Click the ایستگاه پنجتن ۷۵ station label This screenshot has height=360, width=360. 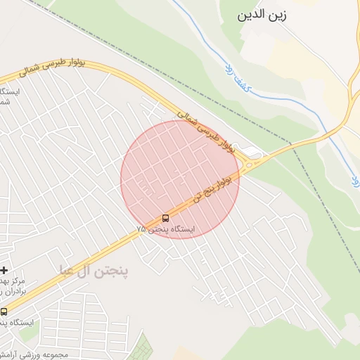click(x=167, y=230)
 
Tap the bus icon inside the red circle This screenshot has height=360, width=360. click(x=166, y=218)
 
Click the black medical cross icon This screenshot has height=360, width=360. click(x=4, y=270)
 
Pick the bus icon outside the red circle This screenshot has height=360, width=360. click(x=4, y=311)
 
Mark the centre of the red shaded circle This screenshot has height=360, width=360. click(x=180, y=180)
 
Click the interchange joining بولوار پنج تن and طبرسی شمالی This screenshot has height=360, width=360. click(x=252, y=160)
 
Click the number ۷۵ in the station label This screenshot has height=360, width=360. click(x=142, y=230)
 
